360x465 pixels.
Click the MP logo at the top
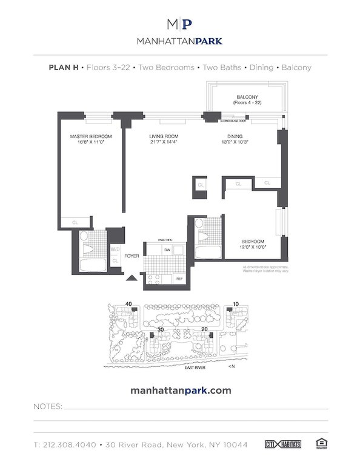click(180, 24)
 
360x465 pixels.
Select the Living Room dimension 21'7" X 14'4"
click(164, 143)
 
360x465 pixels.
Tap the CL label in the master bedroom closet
click(75, 223)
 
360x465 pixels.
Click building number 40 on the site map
click(128, 304)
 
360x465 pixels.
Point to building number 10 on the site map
click(236, 304)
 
